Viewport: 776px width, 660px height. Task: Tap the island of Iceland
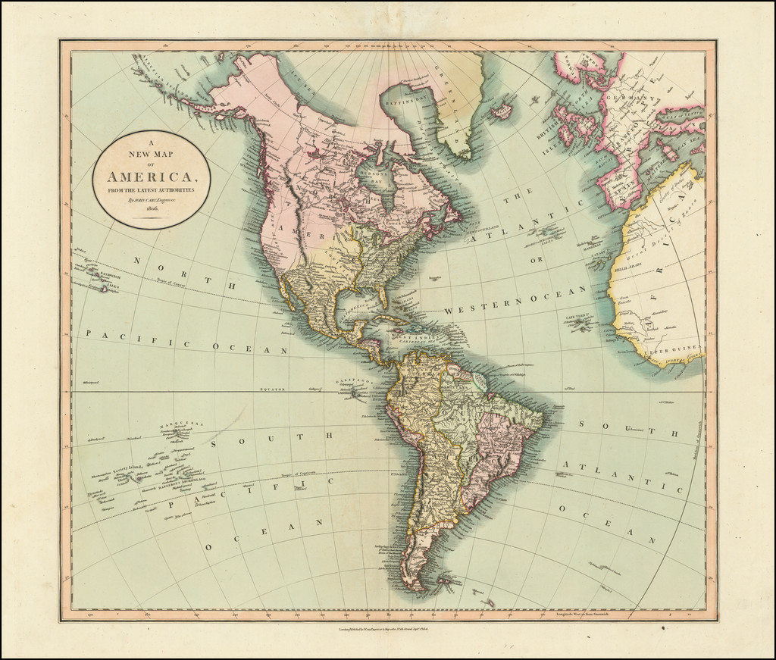[501, 112]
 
